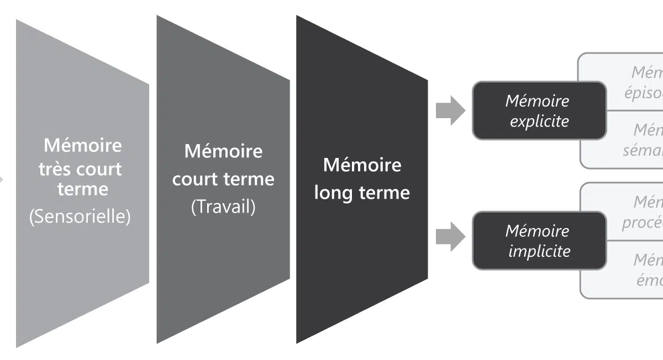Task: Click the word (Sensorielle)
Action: [x=80, y=216]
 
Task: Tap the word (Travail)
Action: [x=223, y=207]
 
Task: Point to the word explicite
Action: [x=539, y=121]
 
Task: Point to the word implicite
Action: [x=539, y=251]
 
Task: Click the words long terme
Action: [x=362, y=193]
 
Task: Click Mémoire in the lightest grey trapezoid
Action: [x=83, y=146]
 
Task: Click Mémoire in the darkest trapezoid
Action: [x=362, y=165]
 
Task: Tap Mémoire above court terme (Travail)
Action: [x=223, y=151]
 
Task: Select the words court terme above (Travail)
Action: [x=223, y=179]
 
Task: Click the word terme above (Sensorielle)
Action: [x=83, y=189]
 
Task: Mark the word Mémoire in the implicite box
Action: [x=537, y=230]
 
